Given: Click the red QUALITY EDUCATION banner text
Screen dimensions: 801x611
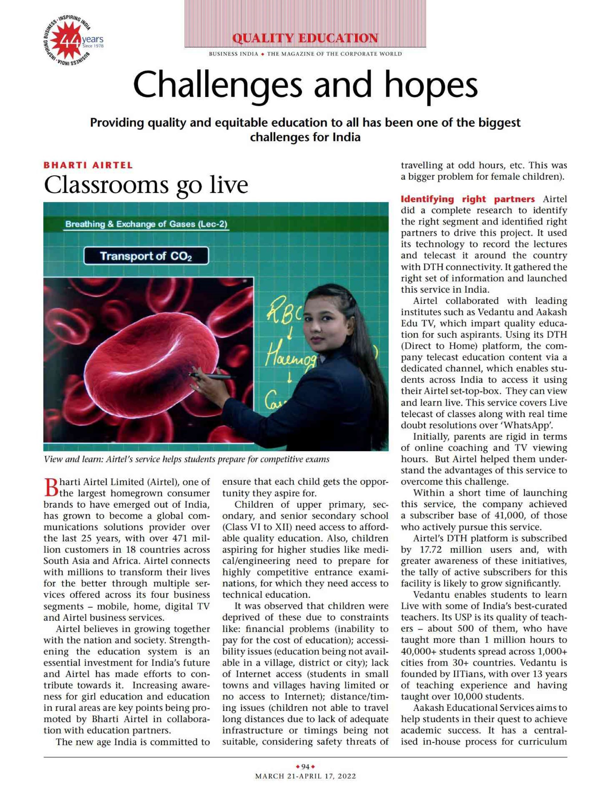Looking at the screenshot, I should [305, 38].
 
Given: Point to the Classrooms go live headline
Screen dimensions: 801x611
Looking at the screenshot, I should [146, 185].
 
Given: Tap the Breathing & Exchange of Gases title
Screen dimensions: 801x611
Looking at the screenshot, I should [146, 224].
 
